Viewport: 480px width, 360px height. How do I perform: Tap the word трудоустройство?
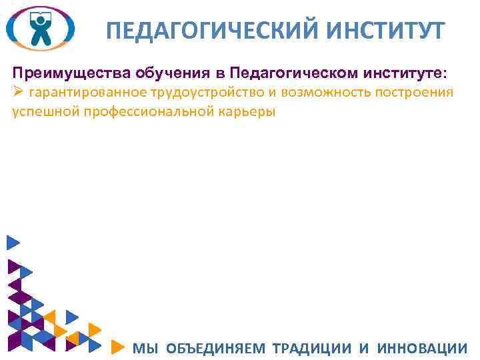point(207,92)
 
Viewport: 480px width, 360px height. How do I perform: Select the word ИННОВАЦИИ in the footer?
point(422,347)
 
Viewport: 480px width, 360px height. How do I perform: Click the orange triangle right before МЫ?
point(117,347)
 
